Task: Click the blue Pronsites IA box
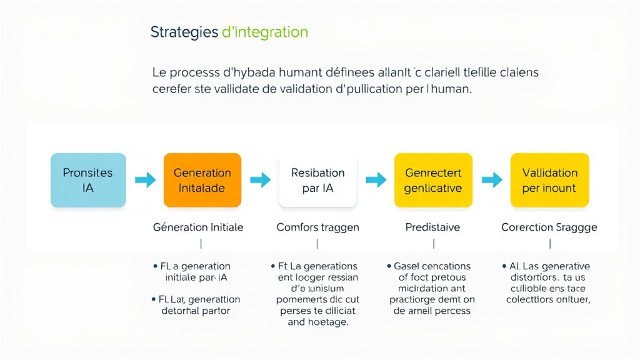pyautogui.click(x=88, y=180)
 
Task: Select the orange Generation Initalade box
pyautogui.click(x=202, y=180)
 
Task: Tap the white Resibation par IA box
pyautogui.click(x=317, y=180)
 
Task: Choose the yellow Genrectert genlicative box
pyautogui.click(x=433, y=180)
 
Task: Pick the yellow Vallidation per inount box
pyautogui.click(x=549, y=180)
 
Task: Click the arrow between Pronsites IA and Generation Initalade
pyautogui.click(x=144, y=180)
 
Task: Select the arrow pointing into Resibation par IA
pyautogui.click(x=260, y=180)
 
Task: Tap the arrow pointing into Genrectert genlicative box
pyautogui.click(x=376, y=180)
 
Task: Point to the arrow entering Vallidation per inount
pyautogui.click(x=492, y=180)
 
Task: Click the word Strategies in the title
pyautogui.click(x=184, y=32)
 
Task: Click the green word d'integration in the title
pyautogui.click(x=265, y=32)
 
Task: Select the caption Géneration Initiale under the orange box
pyautogui.click(x=198, y=227)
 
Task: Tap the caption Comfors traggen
pyautogui.click(x=317, y=227)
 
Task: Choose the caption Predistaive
pyautogui.click(x=432, y=227)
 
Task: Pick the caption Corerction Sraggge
pyautogui.click(x=549, y=227)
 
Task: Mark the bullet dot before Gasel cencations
pyautogui.click(x=389, y=266)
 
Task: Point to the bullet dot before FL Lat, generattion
pyautogui.click(x=154, y=299)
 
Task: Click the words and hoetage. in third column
pyautogui.click(x=317, y=322)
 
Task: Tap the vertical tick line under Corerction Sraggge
pyautogui.click(x=550, y=243)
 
